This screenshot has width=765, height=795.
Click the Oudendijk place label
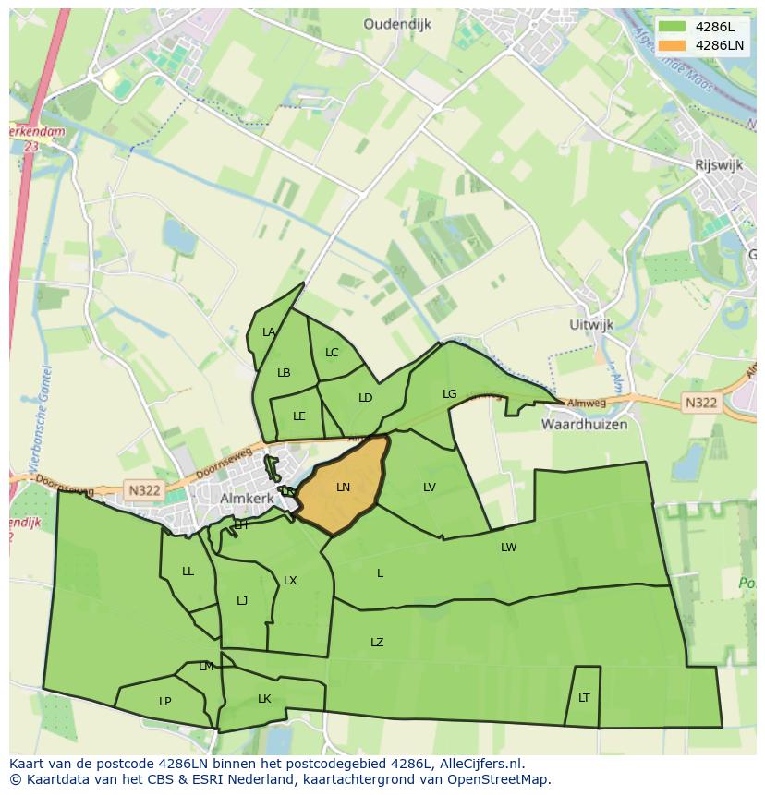point(397,25)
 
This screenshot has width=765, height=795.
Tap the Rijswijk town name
point(719,164)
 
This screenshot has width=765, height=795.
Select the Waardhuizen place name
point(584,425)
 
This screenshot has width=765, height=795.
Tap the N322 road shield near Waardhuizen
point(701,403)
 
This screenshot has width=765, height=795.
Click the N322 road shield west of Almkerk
point(144,490)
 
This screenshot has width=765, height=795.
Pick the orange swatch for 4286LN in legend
point(673,45)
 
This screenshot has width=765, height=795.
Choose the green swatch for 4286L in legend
point(673,27)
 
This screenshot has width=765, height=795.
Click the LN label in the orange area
point(343,487)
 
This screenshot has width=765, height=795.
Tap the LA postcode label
point(269,332)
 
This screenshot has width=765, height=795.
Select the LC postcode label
point(332,353)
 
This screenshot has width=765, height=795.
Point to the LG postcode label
point(449,394)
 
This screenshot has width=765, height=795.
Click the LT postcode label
point(584,698)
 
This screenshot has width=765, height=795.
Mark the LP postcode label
point(164,702)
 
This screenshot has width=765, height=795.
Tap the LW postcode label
point(508,548)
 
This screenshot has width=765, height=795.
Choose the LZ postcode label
point(377,643)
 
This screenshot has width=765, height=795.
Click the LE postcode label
point(299,416)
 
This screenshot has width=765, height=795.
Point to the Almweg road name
point(587,404)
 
